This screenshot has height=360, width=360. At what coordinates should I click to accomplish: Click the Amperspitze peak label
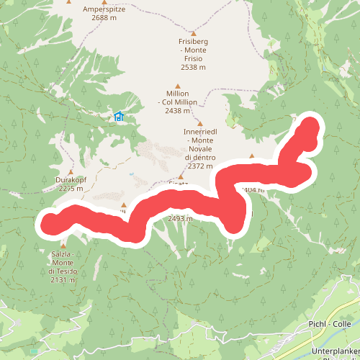[104, 9]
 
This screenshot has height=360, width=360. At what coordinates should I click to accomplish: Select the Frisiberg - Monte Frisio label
[193, 46]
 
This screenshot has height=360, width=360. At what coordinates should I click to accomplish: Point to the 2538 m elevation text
[193, 67]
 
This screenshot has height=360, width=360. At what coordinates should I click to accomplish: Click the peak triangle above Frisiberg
[193, 33]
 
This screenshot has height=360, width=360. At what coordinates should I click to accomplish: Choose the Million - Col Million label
[177, 98]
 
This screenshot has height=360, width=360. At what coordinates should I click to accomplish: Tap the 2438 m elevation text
[177, 111]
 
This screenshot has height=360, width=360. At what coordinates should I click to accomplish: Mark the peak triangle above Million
[177, 86]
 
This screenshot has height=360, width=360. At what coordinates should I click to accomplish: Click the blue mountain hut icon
[119, 116]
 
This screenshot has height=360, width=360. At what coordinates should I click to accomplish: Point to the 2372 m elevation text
[199, 166]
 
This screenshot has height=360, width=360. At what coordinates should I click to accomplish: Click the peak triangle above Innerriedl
[200, 123]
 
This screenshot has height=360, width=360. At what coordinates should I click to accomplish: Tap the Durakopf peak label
[70, 179]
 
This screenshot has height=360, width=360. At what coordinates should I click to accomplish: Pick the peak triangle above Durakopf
[70, 171]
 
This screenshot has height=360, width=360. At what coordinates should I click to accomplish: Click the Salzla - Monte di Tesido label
[62, 262]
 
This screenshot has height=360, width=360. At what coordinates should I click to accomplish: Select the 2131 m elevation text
[62, 280]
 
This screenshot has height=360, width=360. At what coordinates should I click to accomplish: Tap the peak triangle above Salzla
[62, 246]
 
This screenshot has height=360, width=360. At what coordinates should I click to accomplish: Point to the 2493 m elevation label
[179, 218]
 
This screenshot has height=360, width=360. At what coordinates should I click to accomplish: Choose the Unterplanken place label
[335, 351]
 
